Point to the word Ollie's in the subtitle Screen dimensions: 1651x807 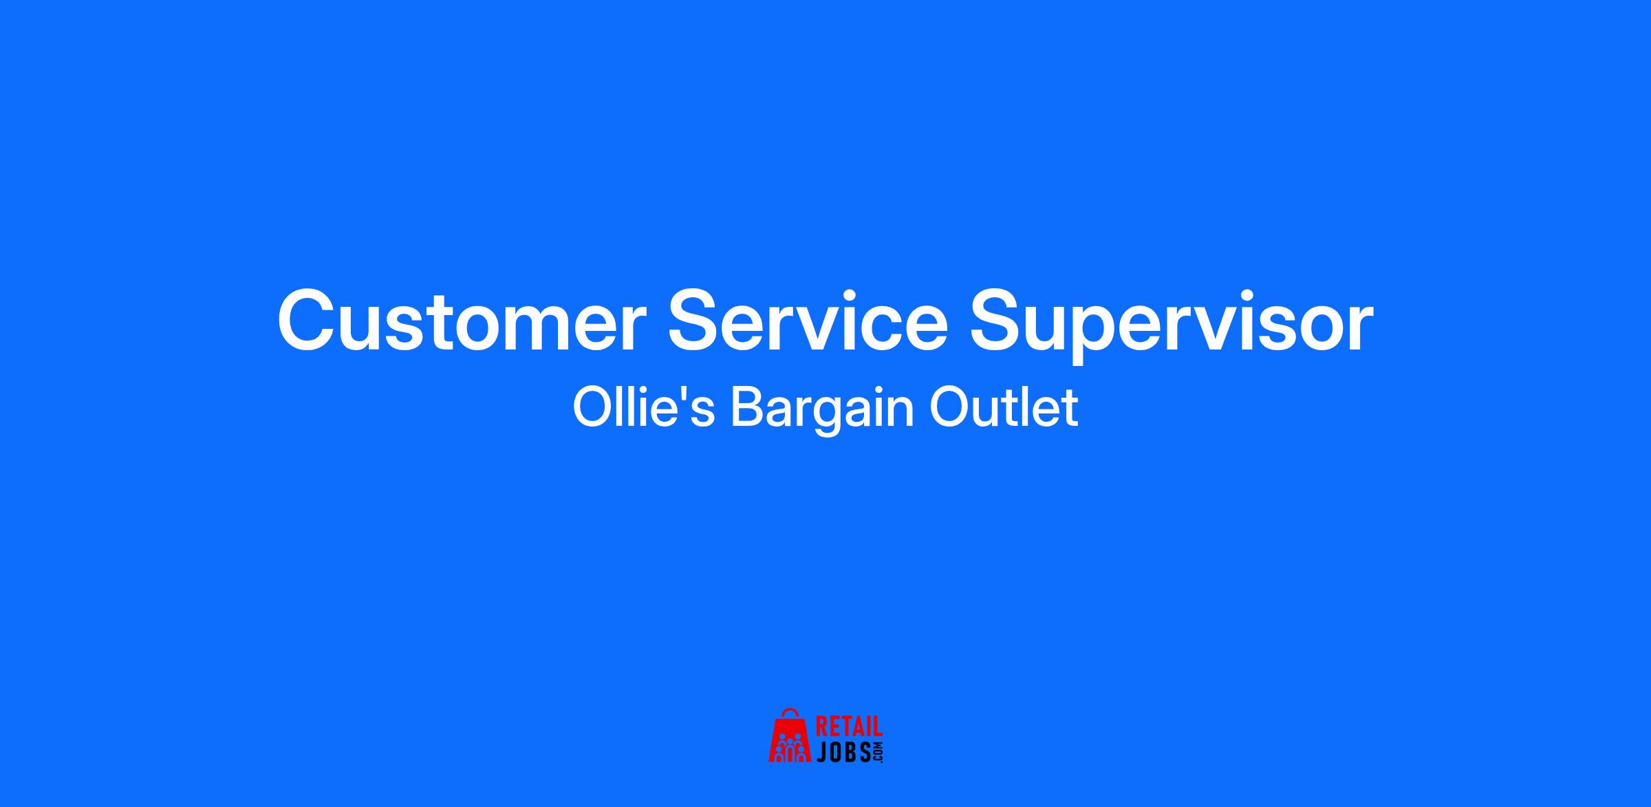coord(644,407)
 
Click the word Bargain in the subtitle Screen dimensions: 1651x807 coord(822,411)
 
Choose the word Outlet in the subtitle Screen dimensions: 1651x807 coord(1004,407)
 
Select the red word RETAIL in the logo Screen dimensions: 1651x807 coord(849,728)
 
